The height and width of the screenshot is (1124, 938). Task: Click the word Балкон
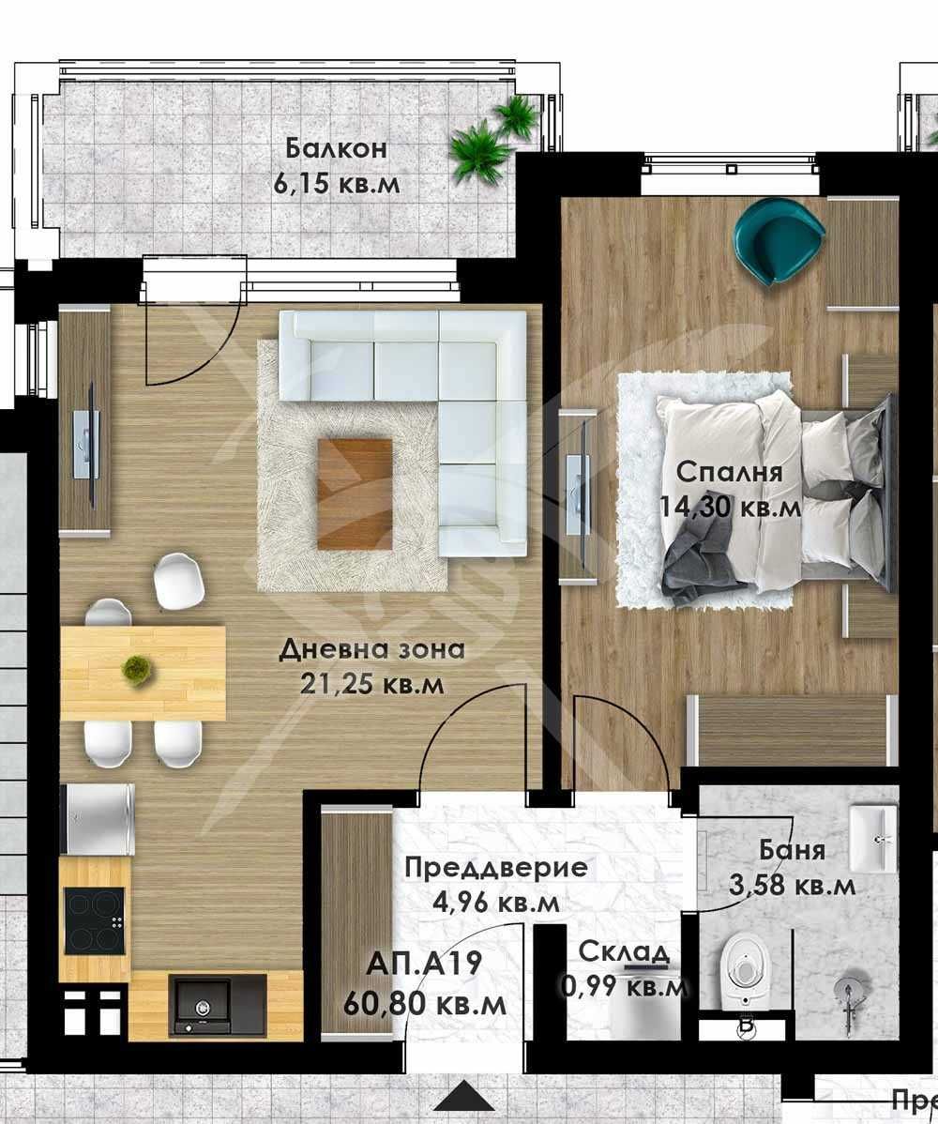pyautogui.click(x=337, y=149)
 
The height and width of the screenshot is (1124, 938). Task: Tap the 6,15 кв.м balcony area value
pyautogui.click(x=337, y=183)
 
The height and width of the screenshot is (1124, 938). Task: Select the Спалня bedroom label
pyautogui.click(x=729, y=471)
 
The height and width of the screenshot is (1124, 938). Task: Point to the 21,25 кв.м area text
pyautogui.click(x=372, y=685)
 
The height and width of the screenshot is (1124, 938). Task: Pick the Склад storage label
pyautogui.click(x=624, y=951)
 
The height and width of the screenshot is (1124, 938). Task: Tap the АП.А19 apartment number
pyautogui.click(x=425, y=964)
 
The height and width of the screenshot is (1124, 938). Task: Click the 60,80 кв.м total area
pyautogui.click(x=425, y=1004)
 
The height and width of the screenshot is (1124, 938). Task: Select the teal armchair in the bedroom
pyautogui.click(x=778, y=241)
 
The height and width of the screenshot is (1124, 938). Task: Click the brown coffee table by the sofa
pyautogui.click(x=355, y=494)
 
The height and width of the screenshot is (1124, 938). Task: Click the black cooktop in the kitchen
pyautogui.click(x=94, y=919)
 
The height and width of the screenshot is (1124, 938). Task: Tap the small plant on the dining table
pyautogui.click(x=138, y=670)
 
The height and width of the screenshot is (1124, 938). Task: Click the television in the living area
pyautogui.click(x=88, y=444)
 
